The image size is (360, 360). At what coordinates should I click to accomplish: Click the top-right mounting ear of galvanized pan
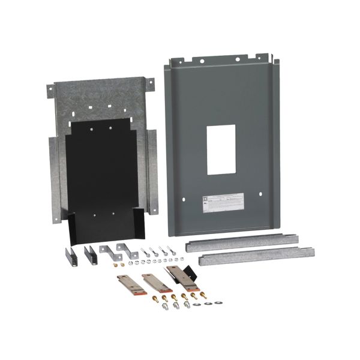point(151,83)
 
